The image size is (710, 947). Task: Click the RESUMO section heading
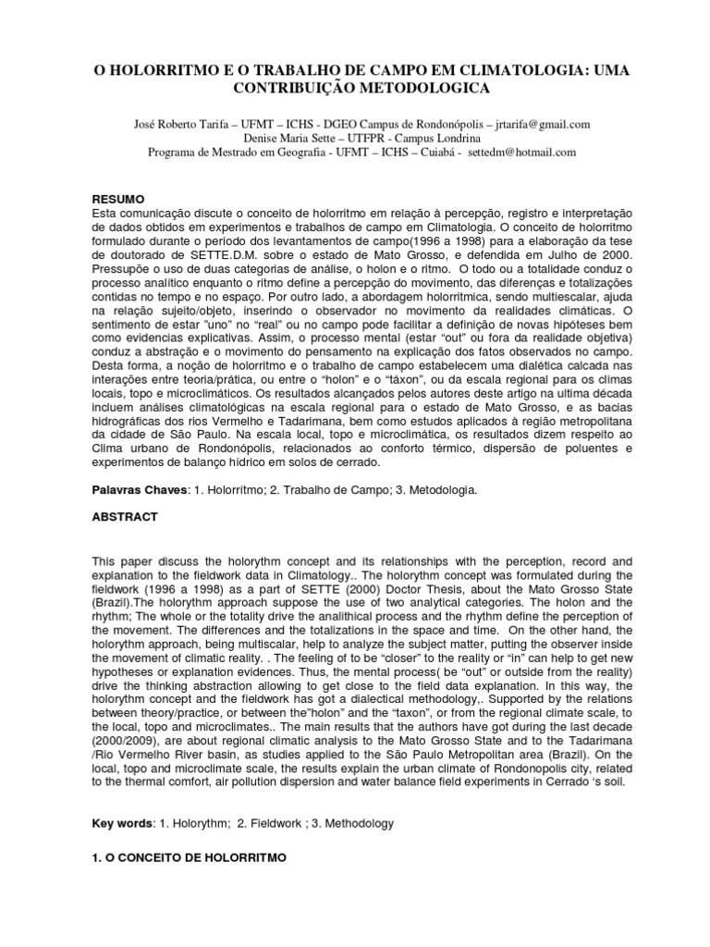(x=116, y=200)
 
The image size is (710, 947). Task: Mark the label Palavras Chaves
(x=138, y=490)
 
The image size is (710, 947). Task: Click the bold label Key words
(x=122, y=822)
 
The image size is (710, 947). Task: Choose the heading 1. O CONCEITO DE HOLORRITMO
(x=189, y=857)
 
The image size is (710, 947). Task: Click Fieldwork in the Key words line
(x=278, y=822)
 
